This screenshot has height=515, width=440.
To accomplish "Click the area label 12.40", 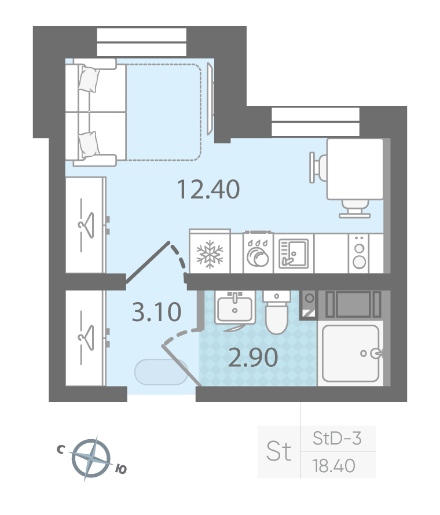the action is (x=208, y=190).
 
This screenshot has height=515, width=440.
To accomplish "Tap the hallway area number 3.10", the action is (x=156, y=312).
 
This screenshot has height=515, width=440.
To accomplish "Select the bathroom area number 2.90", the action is (x=253, y=358).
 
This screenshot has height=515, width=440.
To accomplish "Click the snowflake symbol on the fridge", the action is (x=210, y=254).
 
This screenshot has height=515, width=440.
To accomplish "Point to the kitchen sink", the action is (x=294, y=253).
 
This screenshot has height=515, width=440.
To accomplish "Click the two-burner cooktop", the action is (x=359, y=253).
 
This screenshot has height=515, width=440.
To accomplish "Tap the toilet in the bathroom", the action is (x=277, y=312).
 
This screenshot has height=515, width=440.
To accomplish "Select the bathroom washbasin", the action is (x=234, y=308).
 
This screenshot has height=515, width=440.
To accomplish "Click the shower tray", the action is (x=351, y=354).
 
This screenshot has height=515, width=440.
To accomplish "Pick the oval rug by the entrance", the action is (x=162, y=372).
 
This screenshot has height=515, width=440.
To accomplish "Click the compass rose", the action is (x=91, y=458).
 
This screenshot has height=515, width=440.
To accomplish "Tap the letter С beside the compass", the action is (x=60, y=449).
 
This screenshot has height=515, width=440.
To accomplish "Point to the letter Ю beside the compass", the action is (x=121, y=469).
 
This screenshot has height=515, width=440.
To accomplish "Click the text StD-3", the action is (x=337, y=438).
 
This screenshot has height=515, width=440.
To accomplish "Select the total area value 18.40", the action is (x=333, y=466).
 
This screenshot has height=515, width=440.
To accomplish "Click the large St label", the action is (x=278, y=451).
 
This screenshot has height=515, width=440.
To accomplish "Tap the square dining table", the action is (x=355, y=169).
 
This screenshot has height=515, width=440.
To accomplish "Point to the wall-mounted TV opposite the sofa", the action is (x=210, y=99).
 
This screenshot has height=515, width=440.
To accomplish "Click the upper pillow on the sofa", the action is (x=89, y=79).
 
